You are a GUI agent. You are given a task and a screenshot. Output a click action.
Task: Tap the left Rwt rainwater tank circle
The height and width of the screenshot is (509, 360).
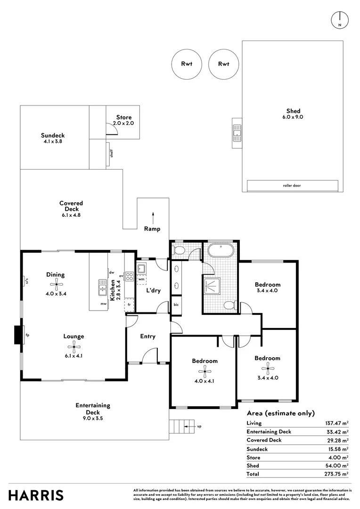pos(187,64)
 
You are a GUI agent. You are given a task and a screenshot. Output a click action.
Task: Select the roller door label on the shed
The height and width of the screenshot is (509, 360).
pos(292,186)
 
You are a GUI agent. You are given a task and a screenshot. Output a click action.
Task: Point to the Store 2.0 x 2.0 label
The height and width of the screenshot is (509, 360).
pos(124,120)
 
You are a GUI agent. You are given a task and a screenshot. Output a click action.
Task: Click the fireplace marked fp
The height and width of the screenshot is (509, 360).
pos(18,336)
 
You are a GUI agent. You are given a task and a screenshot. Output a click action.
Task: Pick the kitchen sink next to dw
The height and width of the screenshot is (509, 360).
pos(102,287)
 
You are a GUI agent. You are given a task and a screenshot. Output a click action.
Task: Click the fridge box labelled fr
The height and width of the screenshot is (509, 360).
pos(128,305)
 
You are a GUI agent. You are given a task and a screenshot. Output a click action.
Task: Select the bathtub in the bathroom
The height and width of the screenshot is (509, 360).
pos(220,250)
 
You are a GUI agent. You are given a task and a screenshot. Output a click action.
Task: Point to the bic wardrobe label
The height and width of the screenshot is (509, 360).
pos(176,305)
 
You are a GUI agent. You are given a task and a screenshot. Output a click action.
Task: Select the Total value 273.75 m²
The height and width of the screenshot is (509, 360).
pos(335,474)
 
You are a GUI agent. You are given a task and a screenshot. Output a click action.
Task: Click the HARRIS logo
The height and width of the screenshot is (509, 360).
pos(36,495)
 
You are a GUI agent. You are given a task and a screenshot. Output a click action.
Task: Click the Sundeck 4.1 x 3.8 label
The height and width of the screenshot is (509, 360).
pos(52,138)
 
